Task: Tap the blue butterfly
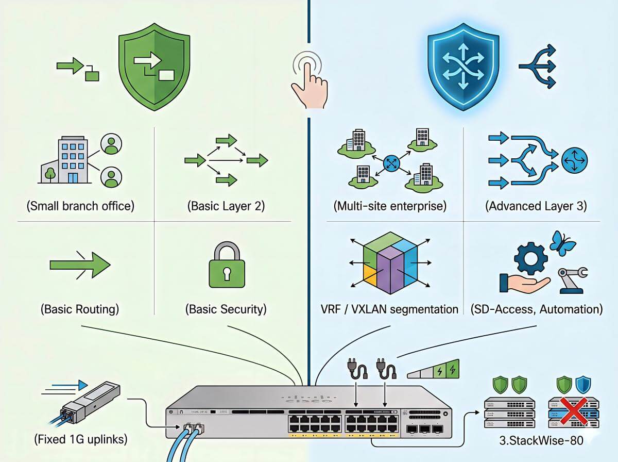click(x=562, y=243)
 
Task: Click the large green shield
click(x=154, y=67)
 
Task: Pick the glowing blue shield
click(x=463, y=67)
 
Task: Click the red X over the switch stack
click(x=574, y=411)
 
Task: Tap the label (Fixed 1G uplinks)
click(x=81, y=439)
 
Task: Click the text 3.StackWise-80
click(x=541, y=440)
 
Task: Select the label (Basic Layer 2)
click(x=226, y=206)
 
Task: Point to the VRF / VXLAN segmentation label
click(x=389, y=309)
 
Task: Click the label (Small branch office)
click(x=80, y=206)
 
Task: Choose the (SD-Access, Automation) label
click(x=537, y=309)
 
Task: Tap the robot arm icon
click(x=572, y=280)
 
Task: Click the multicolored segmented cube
click(x=390, y=263)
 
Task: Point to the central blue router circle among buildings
click(x=391, y=163)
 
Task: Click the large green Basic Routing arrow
click(x=80, y=265)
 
